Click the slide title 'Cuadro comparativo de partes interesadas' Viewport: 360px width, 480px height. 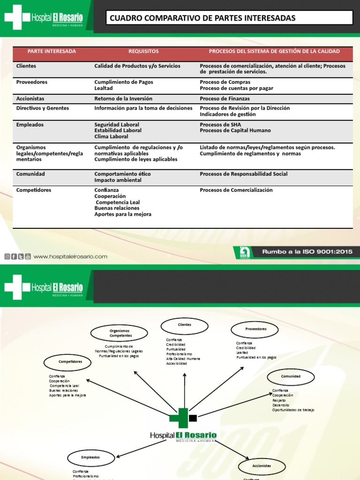(x=202, y=18)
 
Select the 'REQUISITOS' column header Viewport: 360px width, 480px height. (x=143, y=51)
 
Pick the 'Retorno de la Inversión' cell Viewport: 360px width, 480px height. (x=123, y=98)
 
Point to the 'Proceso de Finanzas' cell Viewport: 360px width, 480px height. (x=225, y=98)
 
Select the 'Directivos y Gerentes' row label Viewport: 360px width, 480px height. (x=43, y=108)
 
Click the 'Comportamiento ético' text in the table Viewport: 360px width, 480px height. (x=122, y=174)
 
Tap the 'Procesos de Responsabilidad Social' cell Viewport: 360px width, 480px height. (x=243, y=174)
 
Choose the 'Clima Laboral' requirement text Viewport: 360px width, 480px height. (x=111, y=136)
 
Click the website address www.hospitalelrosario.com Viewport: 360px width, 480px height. (x=70, y=256)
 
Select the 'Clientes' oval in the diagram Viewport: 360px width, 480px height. (x=185, y=325)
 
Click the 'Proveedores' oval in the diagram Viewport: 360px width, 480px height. (x=255, y=329)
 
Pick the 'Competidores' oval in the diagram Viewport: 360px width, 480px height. (x=70, y=362)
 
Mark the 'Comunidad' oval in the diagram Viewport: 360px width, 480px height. (x=291, y=376)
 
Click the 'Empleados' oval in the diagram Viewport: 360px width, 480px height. (x=90, y=457)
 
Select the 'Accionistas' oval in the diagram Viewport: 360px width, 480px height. (x=262, y=466)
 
